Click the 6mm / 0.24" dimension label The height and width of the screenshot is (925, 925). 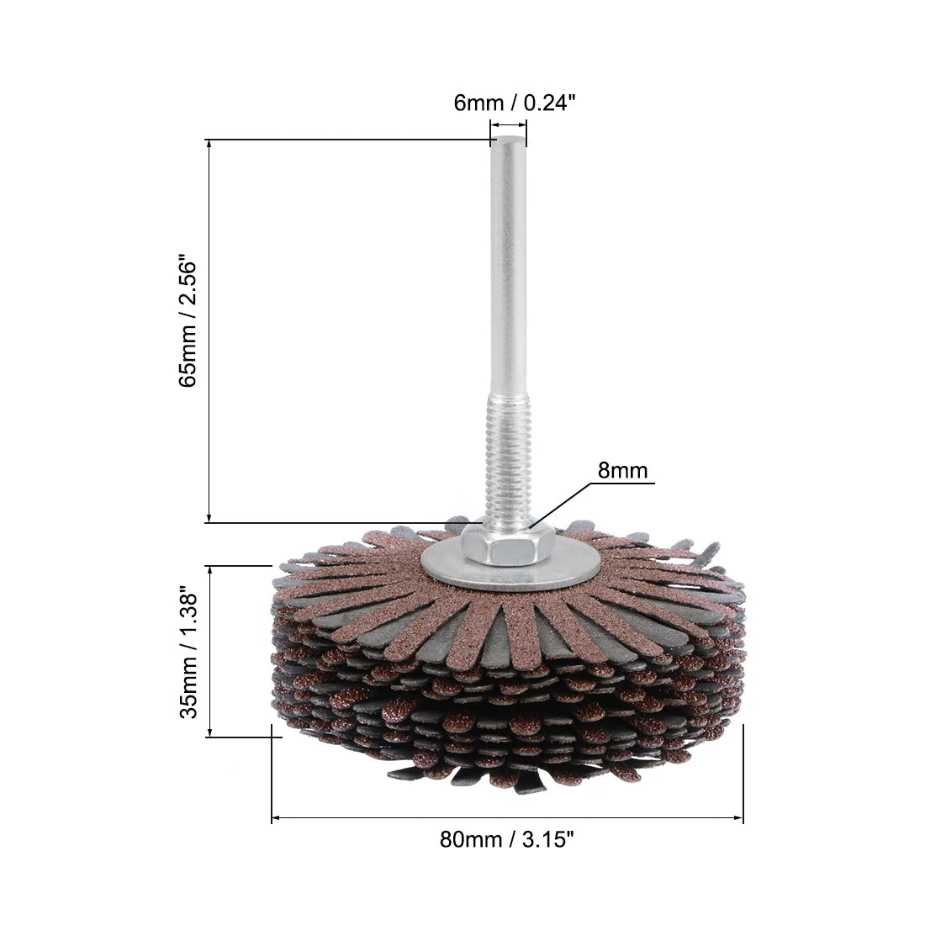514,103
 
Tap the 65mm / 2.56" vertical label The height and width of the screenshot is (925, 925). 188,321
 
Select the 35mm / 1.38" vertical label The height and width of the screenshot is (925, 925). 188,652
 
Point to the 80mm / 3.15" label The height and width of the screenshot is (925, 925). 507,838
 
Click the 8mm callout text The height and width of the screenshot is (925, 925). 622,470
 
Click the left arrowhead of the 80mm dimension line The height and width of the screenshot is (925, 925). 276,817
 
